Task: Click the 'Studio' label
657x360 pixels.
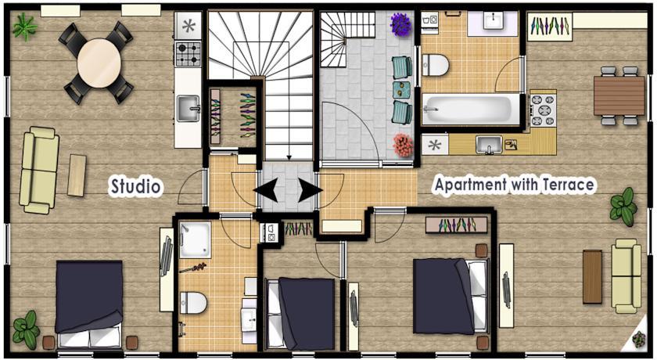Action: (x=135, y=186)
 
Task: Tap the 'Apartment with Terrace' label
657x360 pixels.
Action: (x=514, y=185)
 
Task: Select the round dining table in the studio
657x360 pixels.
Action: (x=99, y=63)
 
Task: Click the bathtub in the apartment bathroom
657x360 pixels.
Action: (x=471, y=110)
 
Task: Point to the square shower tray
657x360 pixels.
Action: (x=195, y=239)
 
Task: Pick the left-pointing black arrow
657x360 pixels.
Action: (x=266, y=190)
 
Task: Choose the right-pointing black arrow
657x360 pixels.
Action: (x=310, y=190)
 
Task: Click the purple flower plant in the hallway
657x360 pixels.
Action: (x=401, y=24)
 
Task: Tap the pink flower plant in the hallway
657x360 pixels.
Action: (x=403, y=146)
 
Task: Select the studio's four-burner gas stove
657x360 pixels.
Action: (x=188, y=54)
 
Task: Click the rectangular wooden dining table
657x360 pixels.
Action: (x=619, y=96)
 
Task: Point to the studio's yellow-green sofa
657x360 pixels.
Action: (x=39, y=170)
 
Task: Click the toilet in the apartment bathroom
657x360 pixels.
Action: (x=436, y=65)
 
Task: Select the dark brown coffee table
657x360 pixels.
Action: (x=593, y=276)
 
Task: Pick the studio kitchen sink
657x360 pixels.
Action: (x=188, y=109)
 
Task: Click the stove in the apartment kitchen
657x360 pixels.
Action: (x=543, y=110)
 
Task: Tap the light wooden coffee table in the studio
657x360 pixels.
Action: (x=77, y=175)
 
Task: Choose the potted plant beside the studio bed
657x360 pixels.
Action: (x=26, y=329)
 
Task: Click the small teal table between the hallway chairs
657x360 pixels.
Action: (x=401, y=90)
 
